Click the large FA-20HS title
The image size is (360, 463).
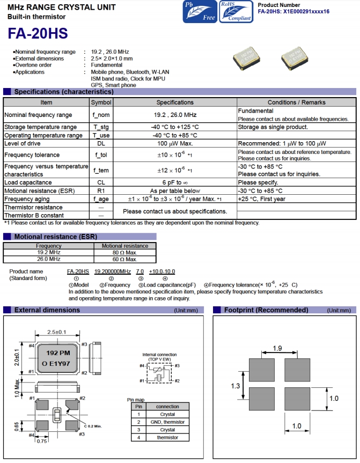pos(38,33)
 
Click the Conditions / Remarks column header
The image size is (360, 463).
pos(296,102)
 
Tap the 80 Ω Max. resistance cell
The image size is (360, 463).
pos(124,252)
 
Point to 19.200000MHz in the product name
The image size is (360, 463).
pos(113,273)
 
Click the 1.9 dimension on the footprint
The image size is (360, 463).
pos(277,349)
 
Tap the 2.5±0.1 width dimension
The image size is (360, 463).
pos(57,332)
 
